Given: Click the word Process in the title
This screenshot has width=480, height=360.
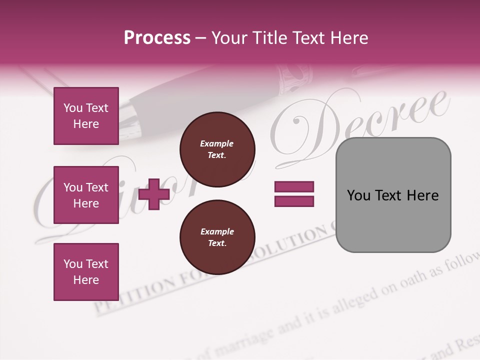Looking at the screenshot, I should point(157,38).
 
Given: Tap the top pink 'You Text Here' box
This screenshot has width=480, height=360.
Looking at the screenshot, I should point(86,116).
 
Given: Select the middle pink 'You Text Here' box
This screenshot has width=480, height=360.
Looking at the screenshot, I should point(86,195).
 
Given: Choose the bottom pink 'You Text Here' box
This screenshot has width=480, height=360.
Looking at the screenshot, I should point(86,271).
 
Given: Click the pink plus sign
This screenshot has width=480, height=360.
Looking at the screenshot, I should point(154,194).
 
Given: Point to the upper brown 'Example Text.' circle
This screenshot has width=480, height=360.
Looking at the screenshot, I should point(217,149).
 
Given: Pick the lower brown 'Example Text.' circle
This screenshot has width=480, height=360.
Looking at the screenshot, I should point(217,237).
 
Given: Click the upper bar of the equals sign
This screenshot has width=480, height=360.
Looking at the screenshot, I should point(294,186).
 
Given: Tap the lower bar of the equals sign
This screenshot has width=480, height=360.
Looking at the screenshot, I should point(294,201).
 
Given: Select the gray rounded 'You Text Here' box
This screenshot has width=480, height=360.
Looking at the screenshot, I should point(393,195).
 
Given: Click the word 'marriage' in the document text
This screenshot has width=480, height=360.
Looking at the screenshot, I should point(244,339).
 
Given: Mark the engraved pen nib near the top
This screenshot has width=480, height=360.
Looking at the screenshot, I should point(295,75).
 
